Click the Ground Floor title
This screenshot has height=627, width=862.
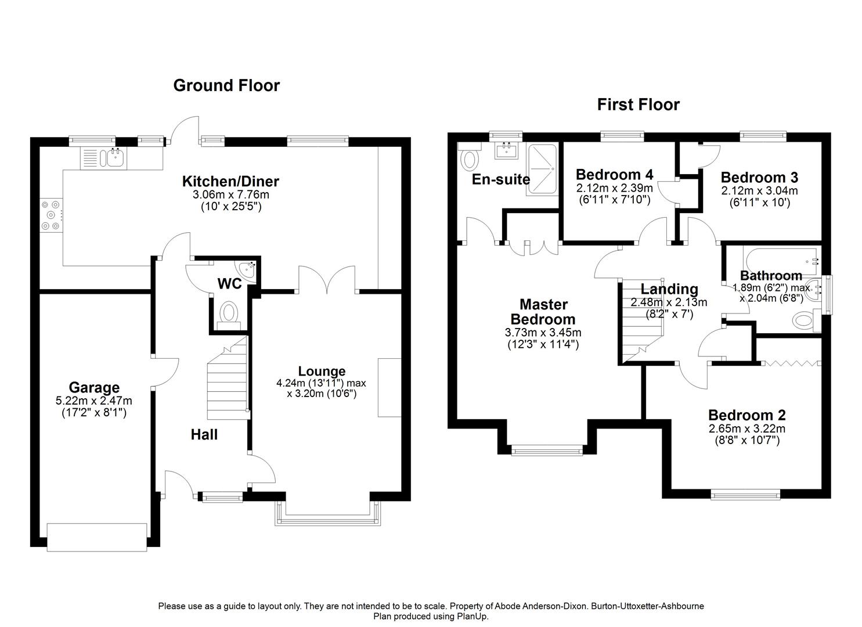pyautogui.click(x=226, y=85)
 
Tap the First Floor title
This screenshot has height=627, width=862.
pyautogui.click(x=638, y=105)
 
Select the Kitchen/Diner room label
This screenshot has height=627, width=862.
pyautogui.click(x=230, y=181)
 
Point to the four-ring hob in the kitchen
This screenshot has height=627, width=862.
pyautogui.click(x=49, y=215)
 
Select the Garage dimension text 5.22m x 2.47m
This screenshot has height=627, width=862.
pyautogui.click(x=93, y=401)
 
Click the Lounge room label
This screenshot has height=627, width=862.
pyautogui.click(x=322, y=371)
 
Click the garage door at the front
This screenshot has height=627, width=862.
pyautogui.click(x=97, y=536)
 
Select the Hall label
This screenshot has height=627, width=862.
pyautogui.click(x=204, y=434)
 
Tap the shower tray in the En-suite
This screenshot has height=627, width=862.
pyautogui.click(x=542, y=168)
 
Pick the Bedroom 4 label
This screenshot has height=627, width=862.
pyautogui.click(x=614, y=174)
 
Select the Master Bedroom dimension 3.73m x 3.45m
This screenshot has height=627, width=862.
pyautogui.click(x=543, y=333)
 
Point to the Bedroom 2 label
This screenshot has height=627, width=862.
pyautogui.click(x=746, y=415)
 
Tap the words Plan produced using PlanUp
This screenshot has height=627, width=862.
pyautogui.click(x=431, y=617)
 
